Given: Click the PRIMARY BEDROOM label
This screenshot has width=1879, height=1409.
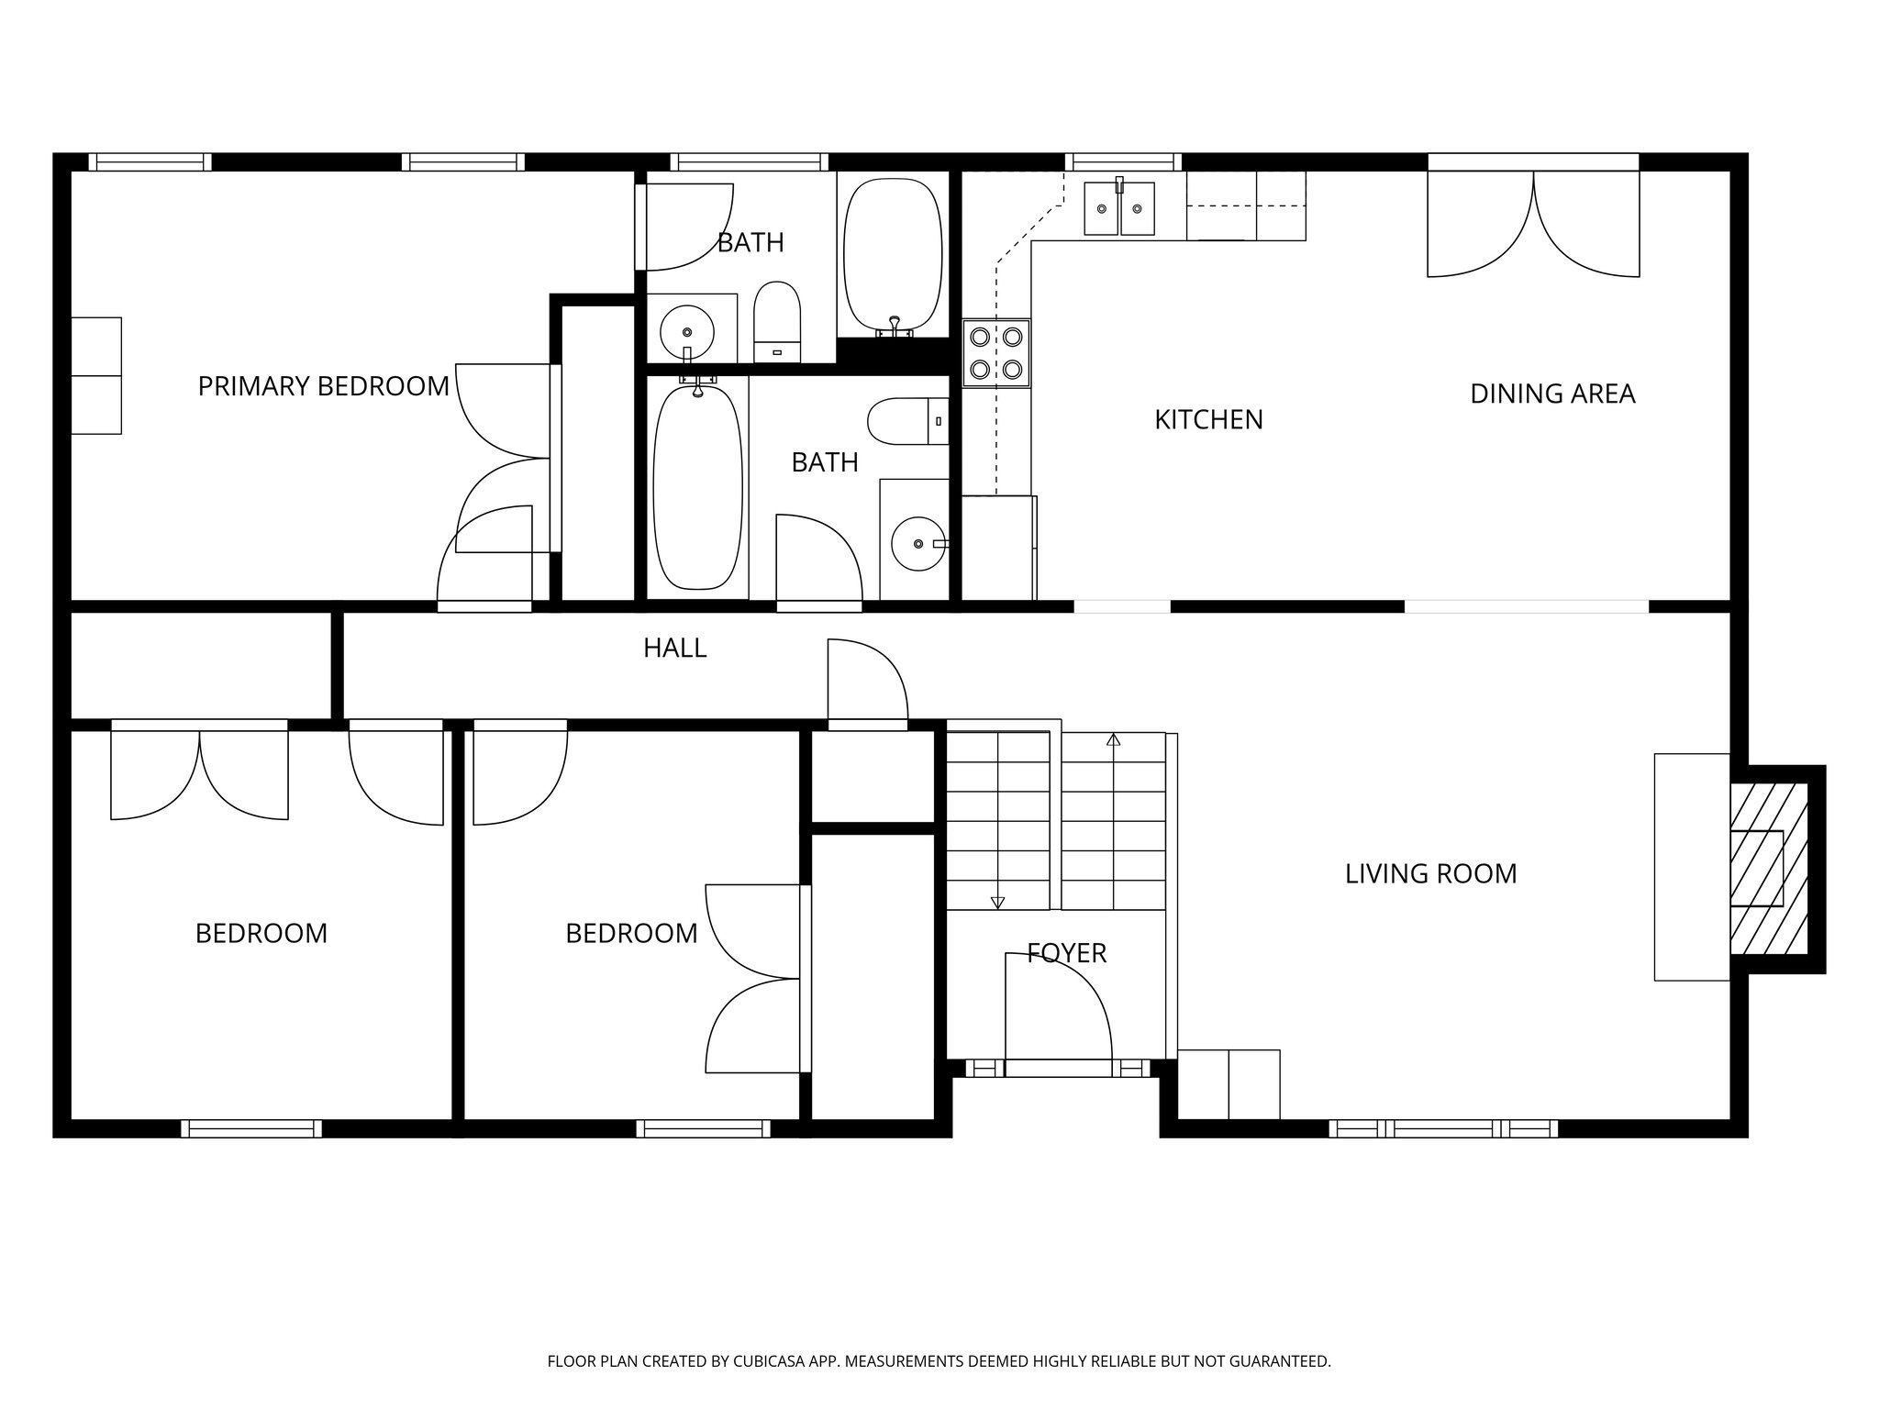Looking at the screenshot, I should click(323, 386).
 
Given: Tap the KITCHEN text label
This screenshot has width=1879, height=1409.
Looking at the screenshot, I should click(1208, 419).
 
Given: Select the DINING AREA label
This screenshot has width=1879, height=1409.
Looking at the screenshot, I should click(1552, 394).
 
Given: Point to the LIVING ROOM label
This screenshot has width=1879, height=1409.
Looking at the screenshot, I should click(1430, 873).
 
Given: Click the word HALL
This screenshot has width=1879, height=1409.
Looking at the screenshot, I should click(674, 649).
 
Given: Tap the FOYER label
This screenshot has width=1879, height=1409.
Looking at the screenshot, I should click(1066, 953).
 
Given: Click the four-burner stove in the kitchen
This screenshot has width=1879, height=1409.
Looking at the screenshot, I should click(996, 353).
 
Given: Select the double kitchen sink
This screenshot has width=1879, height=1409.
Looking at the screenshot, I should click(1118, 209).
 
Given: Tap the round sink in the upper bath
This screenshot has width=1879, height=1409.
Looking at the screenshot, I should click(686, 327).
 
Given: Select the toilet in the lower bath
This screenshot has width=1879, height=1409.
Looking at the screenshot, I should click(906, 421).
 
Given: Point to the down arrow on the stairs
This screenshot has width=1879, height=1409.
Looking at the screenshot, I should click(997, 902).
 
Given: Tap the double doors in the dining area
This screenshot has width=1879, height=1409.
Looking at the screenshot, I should click(1533, 225).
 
